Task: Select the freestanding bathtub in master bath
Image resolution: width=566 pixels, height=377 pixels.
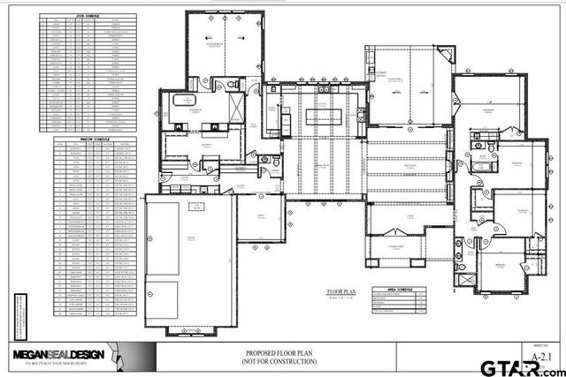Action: coord(181,102)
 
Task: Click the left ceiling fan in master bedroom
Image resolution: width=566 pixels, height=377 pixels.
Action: coord(206,39)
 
